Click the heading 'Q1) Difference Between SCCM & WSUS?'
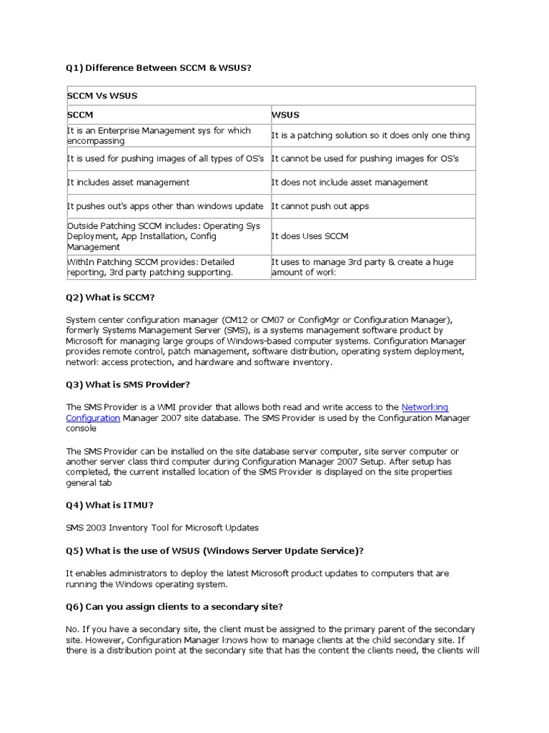pos(159,68)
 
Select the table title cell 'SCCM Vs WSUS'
pos(102,96)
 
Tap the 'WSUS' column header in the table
pos(286,115)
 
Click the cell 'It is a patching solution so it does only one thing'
pos(370,135)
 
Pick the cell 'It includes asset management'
pos(129,183)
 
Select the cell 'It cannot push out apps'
pos(320,206)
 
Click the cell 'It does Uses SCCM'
pos(310,236)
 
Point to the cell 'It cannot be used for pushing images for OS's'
pos(365,158)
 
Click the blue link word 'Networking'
pos(425,407)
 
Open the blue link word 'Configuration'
pos(93,418)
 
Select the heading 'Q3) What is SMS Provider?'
pos(128,384)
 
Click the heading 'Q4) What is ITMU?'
pos(109,505)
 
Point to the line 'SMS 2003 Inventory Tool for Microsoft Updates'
pos(162,528)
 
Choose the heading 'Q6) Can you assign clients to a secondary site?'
pos(174,606)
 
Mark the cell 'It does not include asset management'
pos(350,183)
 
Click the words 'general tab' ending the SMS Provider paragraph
pos(89,483)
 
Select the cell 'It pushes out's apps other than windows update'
pos(165,206)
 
